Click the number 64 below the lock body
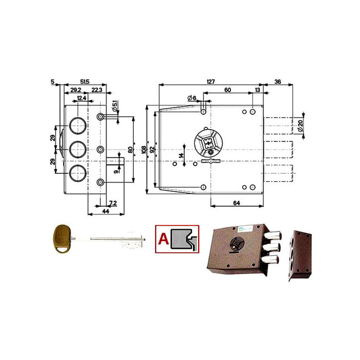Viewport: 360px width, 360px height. pyautogui.click(x=237, y=204)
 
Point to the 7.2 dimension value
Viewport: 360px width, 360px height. pyautogui.click(x=113, y=204)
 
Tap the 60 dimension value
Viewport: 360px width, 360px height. pyautogui.click(x=228, y=89)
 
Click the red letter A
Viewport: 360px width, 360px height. pyautogui.click(x=163, y=238)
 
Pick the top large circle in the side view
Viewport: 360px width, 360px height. pyautogui.click(x=77, y=125)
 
